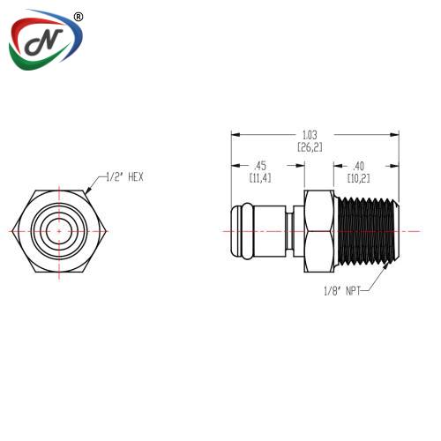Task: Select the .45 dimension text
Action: (260, 166)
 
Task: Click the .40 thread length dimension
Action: (358, 166)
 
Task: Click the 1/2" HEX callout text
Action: (124, 177)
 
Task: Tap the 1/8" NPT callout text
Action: (342, 291)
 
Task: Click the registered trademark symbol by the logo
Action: (78, 17)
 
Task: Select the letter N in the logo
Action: (44, 41)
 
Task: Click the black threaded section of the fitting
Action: (366, 231)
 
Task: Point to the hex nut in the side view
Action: (319, 231)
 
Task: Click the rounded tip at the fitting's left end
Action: (237, 231)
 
